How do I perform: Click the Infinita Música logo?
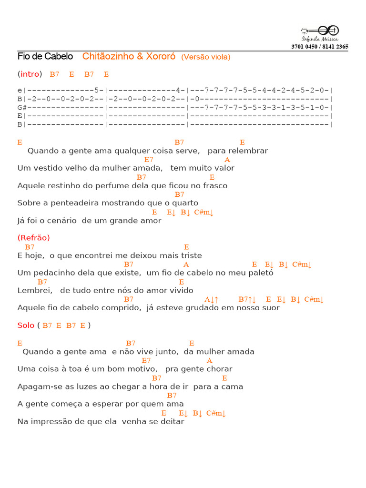(320, 32)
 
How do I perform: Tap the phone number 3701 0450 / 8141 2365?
(320, 47)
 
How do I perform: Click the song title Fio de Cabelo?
(45, 57)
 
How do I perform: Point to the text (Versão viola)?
(205, 57)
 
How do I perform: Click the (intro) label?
(30, 74)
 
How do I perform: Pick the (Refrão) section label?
(33, 238)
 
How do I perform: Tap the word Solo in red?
(26, 325)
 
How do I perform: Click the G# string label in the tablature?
(21, 107)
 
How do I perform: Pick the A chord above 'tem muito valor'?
(227, 160)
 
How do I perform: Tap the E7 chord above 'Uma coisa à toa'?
(146, 361)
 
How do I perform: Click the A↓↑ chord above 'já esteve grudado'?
(211, 299)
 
